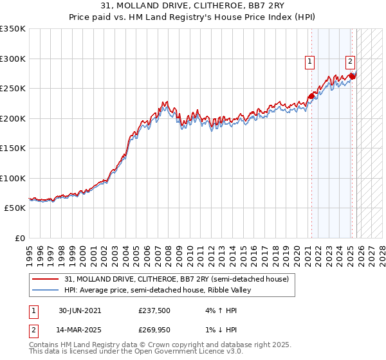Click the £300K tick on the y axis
(x=13, y=59)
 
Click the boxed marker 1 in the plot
(x=310, y=62)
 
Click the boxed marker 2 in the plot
(x=350, y=62)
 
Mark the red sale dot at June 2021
(x=312, y=96)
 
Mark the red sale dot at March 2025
(x=352, y=76)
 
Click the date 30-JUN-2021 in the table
(x=80, y=310)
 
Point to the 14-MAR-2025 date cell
(x=80, y=330)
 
